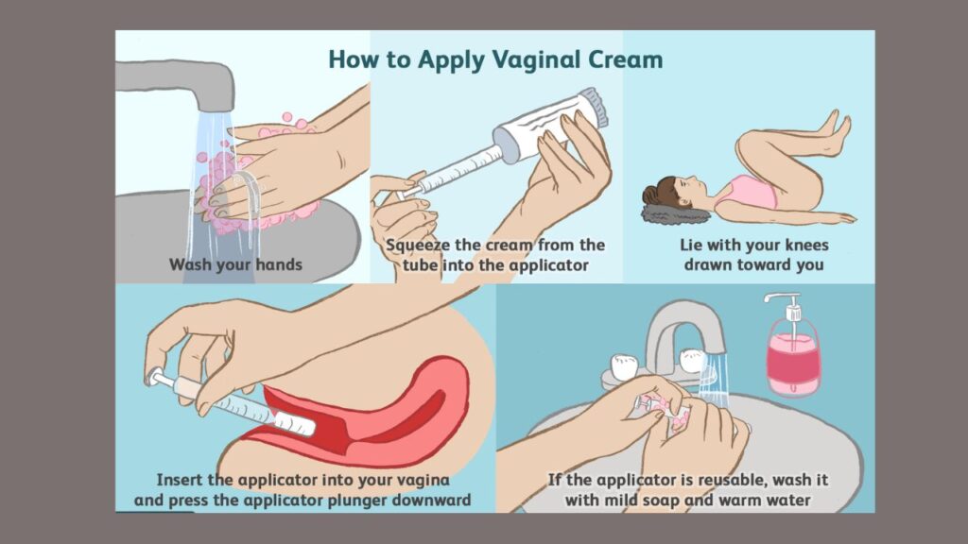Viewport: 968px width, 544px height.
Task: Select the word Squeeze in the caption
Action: [x=419, y=246]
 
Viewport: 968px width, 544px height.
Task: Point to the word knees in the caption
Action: [x=804, y=245]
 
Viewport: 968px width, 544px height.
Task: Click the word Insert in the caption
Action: [x=180, y=479]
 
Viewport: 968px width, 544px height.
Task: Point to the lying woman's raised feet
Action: [x=836, y=132]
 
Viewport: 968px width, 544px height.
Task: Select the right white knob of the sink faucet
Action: [x=692, y=360]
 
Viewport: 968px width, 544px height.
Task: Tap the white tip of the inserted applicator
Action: [x=295, y=424]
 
